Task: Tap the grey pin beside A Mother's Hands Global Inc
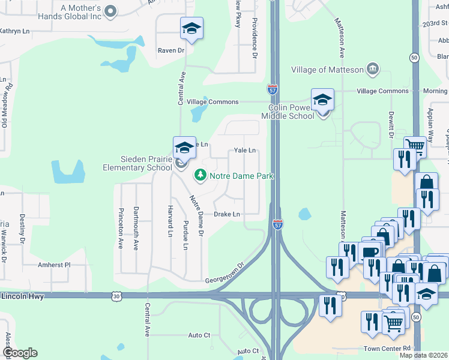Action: pos(110,11)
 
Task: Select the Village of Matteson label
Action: pos(328,70)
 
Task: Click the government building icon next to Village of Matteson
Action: pos(372,68)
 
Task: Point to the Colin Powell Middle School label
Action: pos(291,112)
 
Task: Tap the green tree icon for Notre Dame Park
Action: pos(199,176)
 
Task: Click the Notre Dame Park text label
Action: pos(241,176)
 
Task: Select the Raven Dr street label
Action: pos(170,50)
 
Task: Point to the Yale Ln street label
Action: pos(245,151)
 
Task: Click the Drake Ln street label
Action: pos(227,214)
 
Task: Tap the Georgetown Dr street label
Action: pos(225,273)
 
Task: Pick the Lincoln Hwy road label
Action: pos(22,296)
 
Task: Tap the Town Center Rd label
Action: pos(387,348)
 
